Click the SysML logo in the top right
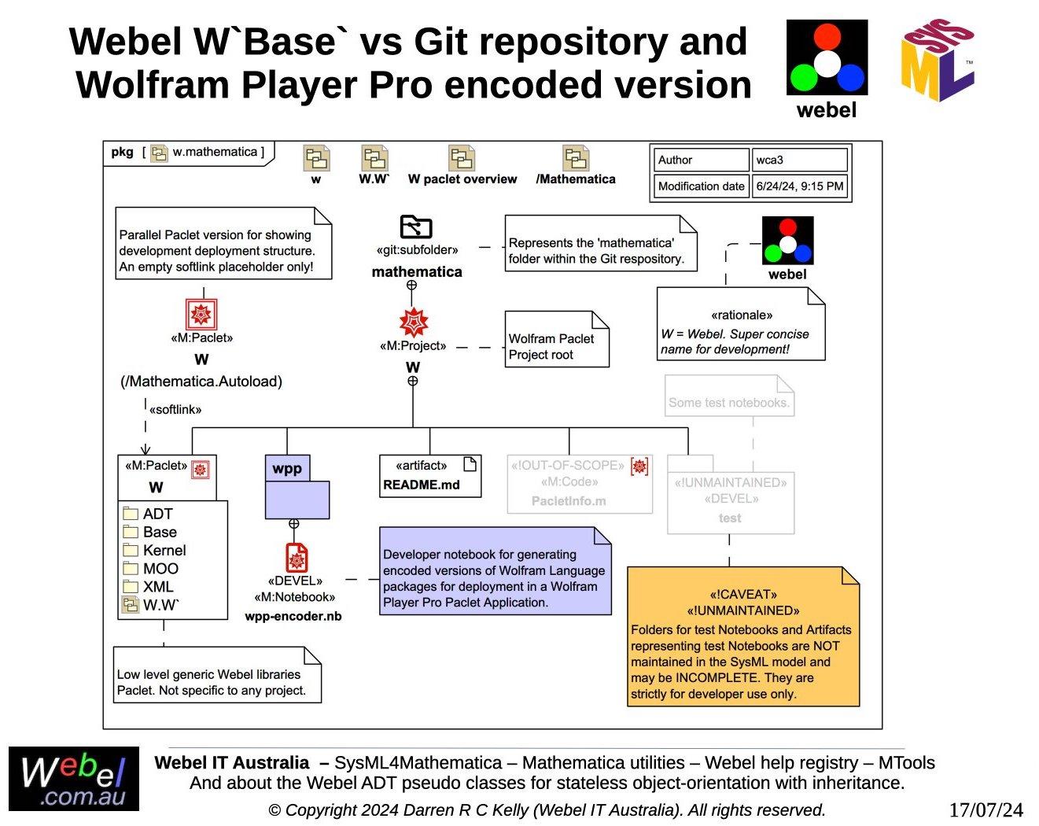tap(938, 61)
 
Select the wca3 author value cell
tap(799, 160)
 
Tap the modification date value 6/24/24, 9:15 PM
tap(799, 186)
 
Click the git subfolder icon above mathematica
tap(416, 227)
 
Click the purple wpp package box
tap(297, 488)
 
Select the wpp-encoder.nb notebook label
tap(293, 616)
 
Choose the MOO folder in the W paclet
tap(160, 568)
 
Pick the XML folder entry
tap(157, 586)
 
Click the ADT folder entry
tap(157, 514)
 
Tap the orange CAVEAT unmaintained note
tap(742, 636)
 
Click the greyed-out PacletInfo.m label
tap(569, 501)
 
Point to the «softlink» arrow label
tap(175, 409)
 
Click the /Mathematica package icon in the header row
tap(576, 158)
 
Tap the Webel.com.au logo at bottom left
tap(74, 779)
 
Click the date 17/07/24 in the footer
tap(986, 810)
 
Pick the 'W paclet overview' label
tap(462, 179)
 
